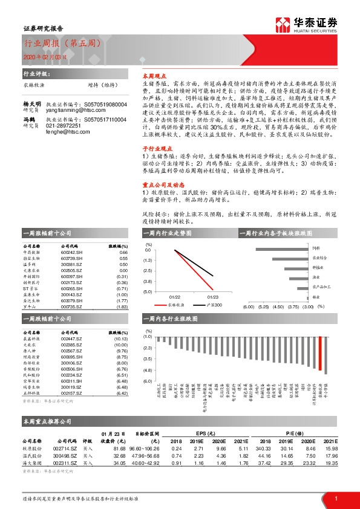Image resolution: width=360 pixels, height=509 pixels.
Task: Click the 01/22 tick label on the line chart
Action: click(175, 297)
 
